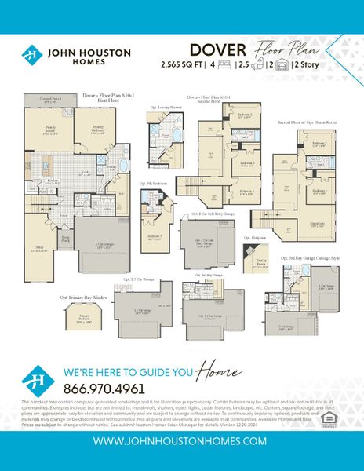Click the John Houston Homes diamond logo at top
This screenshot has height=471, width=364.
click(x=31, y=55)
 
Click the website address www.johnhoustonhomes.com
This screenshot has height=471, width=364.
click(x=181, y=441)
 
